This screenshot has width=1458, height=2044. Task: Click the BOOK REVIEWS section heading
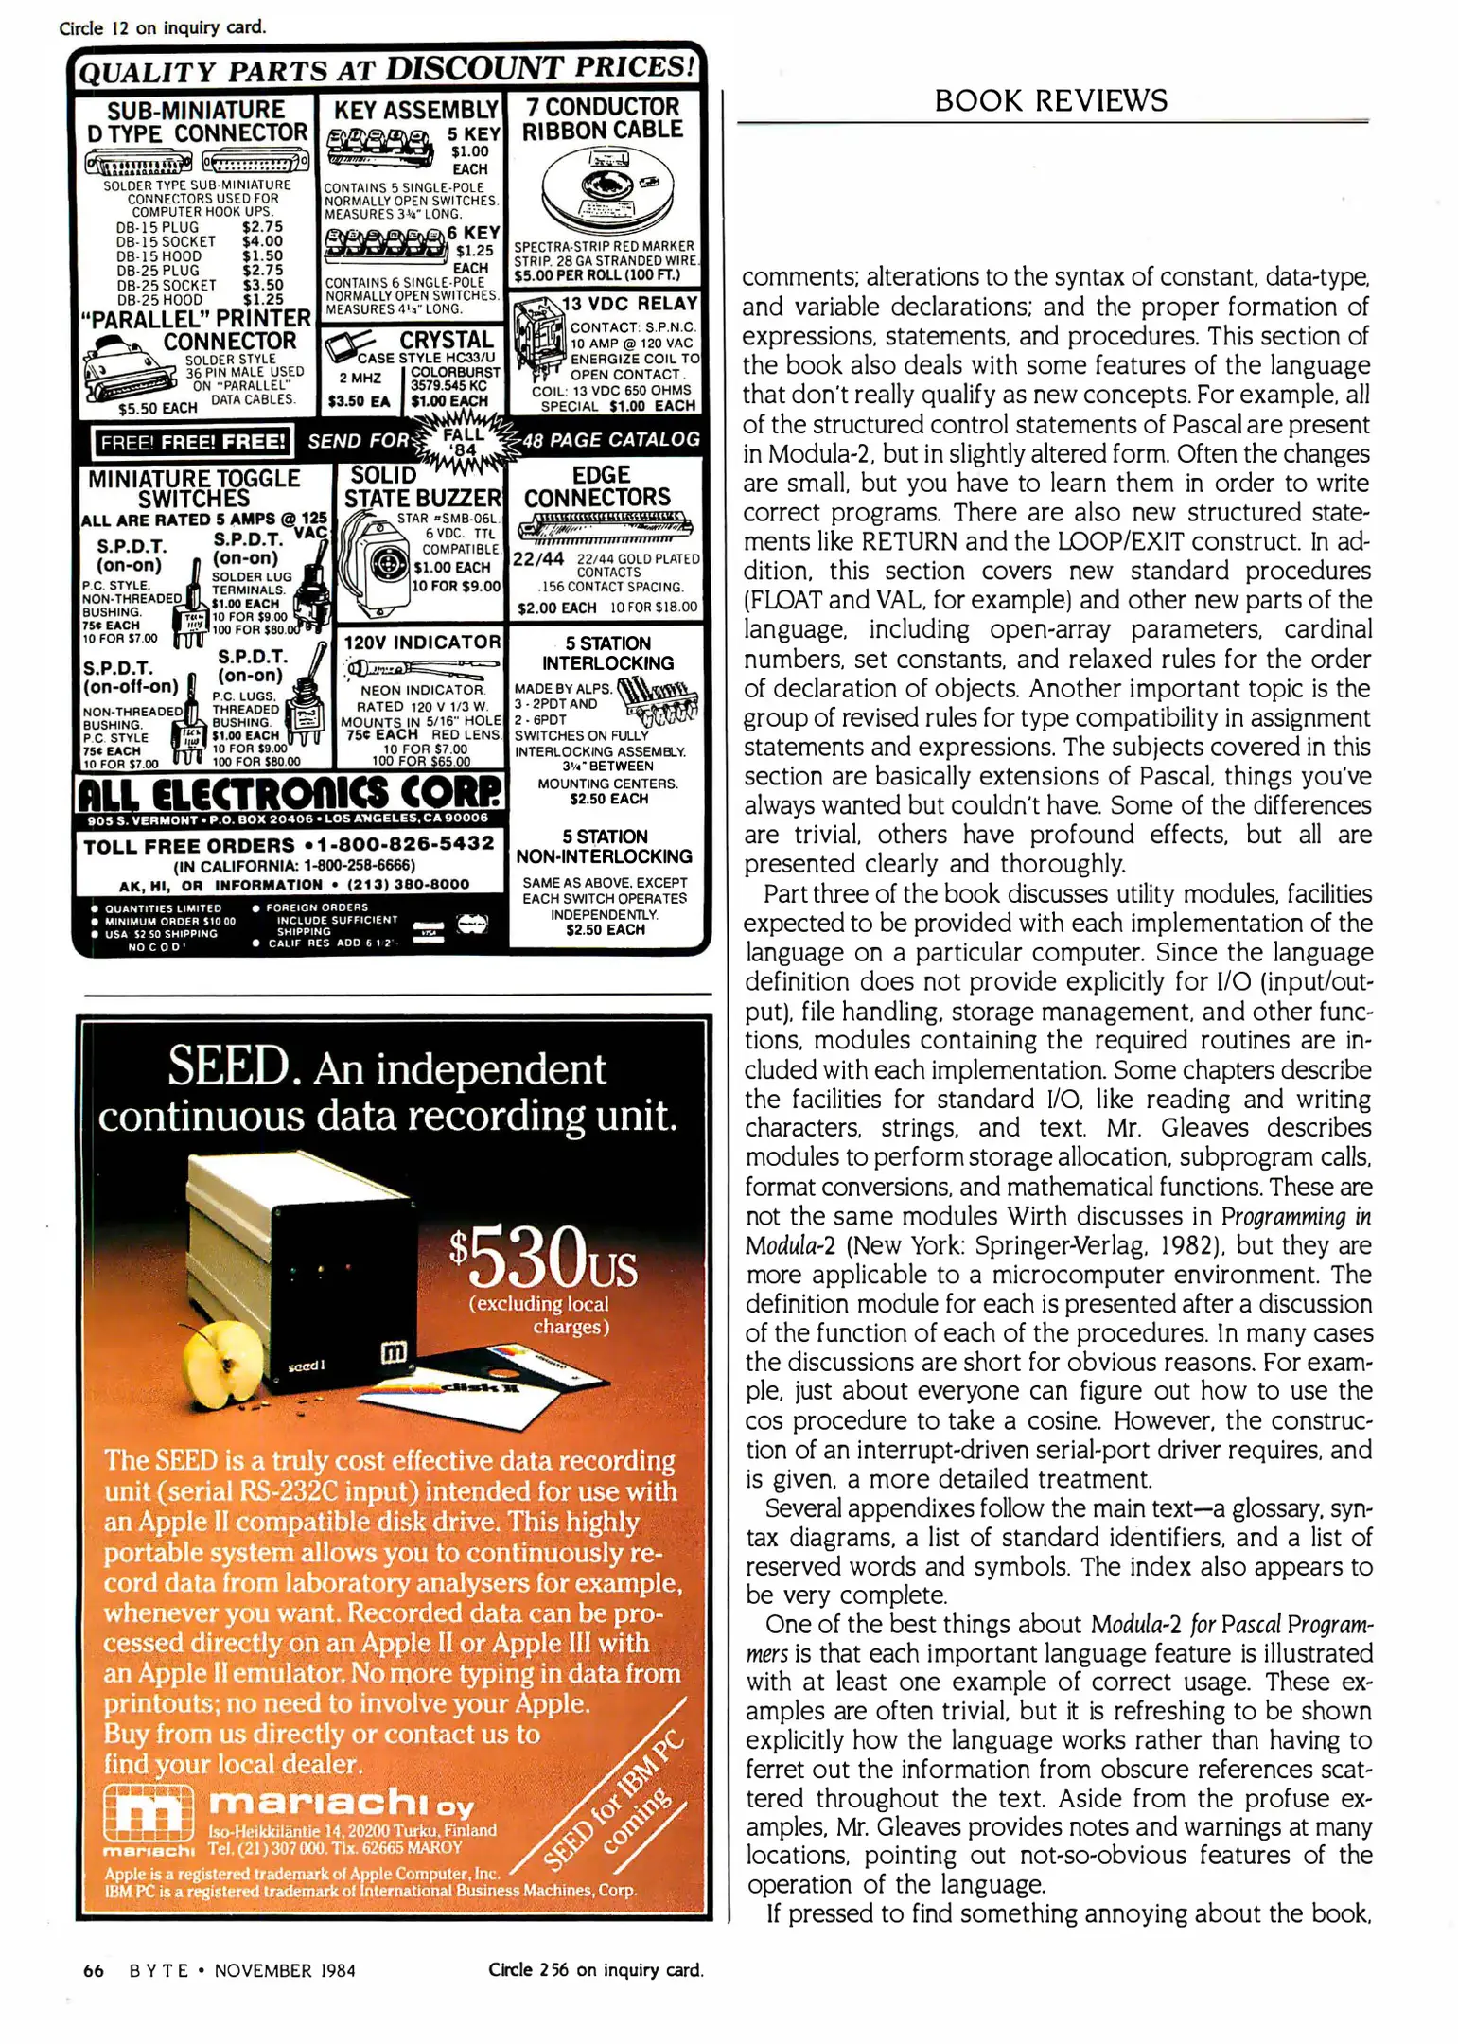1050,101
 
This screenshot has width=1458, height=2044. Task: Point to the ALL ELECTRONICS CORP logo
290,792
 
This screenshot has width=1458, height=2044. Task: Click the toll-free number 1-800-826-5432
406,843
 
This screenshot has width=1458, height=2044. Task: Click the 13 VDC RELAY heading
629,304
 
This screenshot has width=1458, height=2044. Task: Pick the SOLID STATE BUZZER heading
421,486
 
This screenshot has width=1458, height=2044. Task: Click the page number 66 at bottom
94,1970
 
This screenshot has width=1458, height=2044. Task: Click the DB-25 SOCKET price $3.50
262,285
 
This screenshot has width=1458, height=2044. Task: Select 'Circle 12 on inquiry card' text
162,27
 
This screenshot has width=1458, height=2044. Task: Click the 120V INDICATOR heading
421,643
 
